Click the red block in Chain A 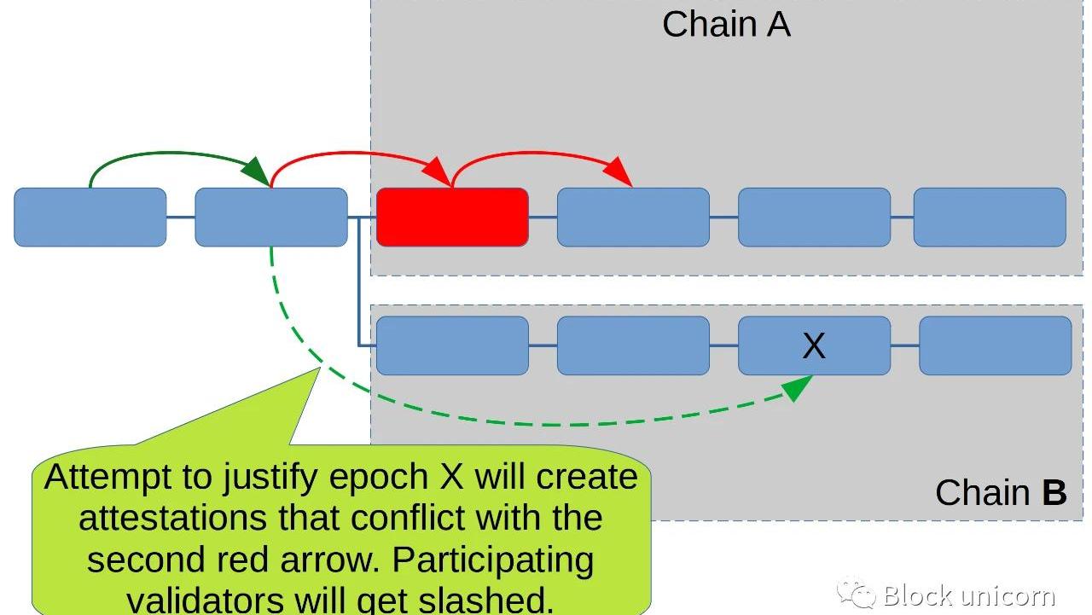click(x=452, y=218)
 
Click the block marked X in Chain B click(x=814, y=345)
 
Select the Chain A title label click(x=726, y=24)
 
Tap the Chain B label click(x=1001, y=493)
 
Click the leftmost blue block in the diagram click(x=90, y=218)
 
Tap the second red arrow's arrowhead click(x=621, y=176)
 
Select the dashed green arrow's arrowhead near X click(x=797, y=389)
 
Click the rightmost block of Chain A click(x=990, y=218)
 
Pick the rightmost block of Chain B click(x=995, y=345)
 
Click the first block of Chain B click(x=452, y=345)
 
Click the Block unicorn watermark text click(x=969, y=595)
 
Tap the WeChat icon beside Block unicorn click(x=857, y=593)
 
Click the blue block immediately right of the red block click(x=633, y=218)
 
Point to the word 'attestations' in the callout click(x=176, y=519)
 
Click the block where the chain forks click(x=271, y=218)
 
